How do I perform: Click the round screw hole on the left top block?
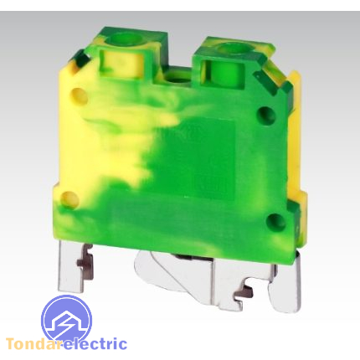(x=123, y=39)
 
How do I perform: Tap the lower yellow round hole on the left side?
(x=69, y=199)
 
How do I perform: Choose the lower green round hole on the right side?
(x=275, y=223)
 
